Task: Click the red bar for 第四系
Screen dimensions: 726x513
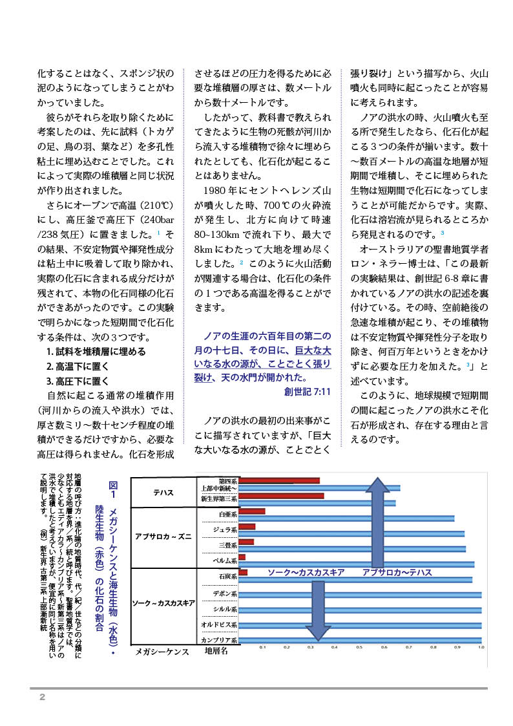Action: (279, 480)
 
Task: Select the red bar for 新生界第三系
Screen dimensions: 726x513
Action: (281, 496)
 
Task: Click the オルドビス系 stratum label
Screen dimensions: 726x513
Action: (220, 625)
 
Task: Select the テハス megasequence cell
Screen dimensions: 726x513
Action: (163, 492)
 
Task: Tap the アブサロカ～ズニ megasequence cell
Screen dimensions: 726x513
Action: (163, 536)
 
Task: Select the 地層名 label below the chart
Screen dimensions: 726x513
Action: (217, 651)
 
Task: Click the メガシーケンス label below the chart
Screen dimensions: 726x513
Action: (162, 652)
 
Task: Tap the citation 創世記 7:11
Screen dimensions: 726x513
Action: (308, 392)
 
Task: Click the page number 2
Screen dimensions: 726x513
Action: (42, 697)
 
